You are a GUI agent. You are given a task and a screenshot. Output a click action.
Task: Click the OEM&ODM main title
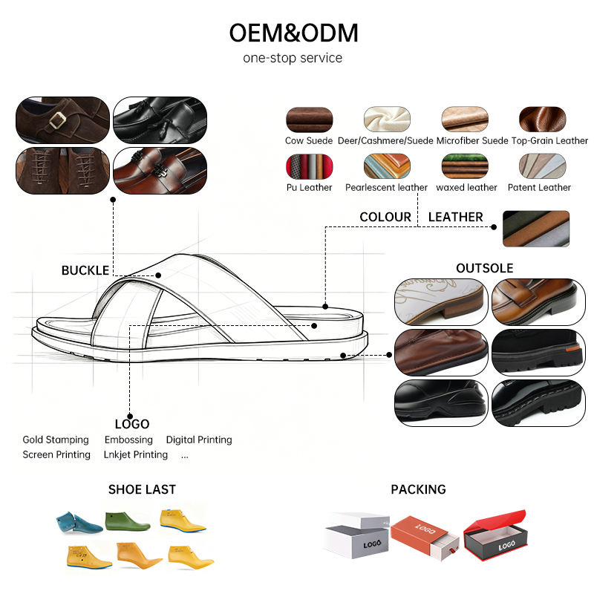point(293,33)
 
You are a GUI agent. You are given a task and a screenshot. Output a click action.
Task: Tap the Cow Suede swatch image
point(309,120)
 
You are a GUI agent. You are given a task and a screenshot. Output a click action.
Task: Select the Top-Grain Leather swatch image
point(542,120)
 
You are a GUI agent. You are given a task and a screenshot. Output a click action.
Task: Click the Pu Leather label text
point(309,188)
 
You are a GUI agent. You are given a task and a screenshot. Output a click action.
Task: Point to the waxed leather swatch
point(465,166)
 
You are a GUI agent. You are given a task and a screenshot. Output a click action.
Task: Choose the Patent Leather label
point(539,188)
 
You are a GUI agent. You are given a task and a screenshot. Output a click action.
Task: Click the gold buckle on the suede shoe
point(57,120)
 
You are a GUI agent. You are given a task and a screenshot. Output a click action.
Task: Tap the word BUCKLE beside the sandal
point(85,270)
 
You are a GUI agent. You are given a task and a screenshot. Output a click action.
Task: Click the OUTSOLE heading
point(485,268)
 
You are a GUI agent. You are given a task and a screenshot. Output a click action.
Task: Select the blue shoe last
point(79,523)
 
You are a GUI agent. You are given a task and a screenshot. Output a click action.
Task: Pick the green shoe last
point(128,521)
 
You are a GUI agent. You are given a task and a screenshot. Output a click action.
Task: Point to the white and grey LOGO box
point(357,535)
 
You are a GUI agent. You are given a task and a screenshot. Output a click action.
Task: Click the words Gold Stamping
point(56,440)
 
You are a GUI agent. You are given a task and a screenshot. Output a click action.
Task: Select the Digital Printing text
point(199,440)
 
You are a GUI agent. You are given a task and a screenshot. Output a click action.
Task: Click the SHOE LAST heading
point(142,489)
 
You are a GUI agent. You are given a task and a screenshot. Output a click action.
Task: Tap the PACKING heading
point(418,489)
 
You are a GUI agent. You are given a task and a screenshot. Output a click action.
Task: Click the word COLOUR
point(385,217)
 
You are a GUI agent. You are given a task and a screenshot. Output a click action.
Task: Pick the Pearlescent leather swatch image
point(387,166)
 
